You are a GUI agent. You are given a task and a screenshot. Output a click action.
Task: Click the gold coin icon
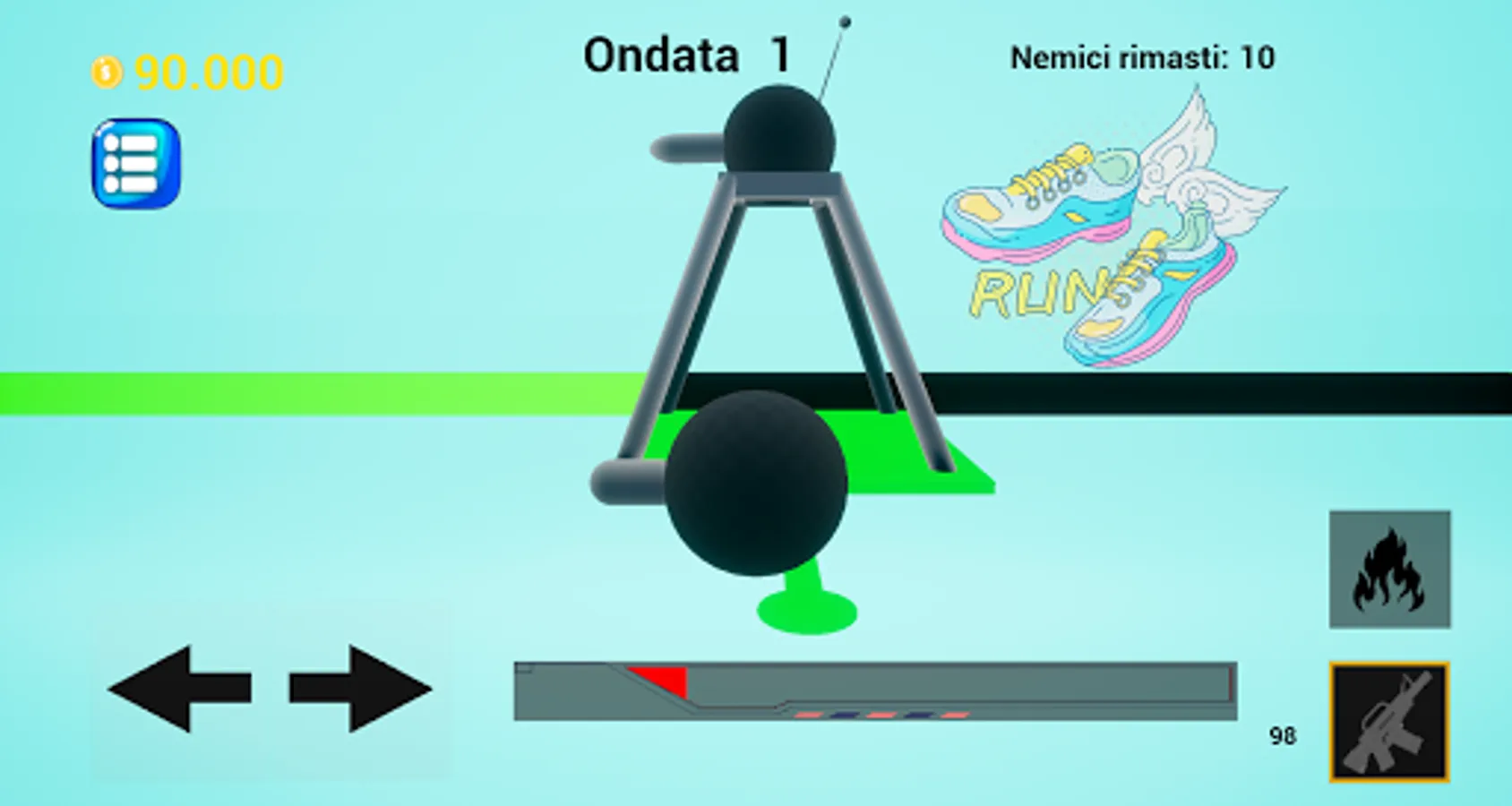pos(106,72)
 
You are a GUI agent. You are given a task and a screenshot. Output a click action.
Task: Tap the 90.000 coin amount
pos(209,73)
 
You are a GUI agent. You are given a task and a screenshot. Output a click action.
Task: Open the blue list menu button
pos(136,164)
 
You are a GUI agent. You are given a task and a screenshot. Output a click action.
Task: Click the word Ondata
pos(661,56)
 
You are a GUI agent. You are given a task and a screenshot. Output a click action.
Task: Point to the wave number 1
pos(781,55)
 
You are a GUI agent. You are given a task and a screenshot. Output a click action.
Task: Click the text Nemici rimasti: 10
pos(1142,58)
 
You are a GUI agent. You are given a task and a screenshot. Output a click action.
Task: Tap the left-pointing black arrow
pos(179,688)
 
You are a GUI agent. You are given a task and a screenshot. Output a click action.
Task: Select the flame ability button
pos(1389,570)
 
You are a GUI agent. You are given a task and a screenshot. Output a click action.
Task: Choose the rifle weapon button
pos(1389,722)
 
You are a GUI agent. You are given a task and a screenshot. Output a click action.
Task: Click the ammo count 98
pos(1283,736)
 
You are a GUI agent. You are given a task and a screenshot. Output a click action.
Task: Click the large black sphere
pos(756,484)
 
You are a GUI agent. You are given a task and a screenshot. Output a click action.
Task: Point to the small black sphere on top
pos(779,133)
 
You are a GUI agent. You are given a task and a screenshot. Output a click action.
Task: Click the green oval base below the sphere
pos(807,612)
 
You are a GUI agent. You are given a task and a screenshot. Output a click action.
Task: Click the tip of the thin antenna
pos(845,21)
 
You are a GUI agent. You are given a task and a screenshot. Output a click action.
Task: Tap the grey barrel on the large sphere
pos(627,482)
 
